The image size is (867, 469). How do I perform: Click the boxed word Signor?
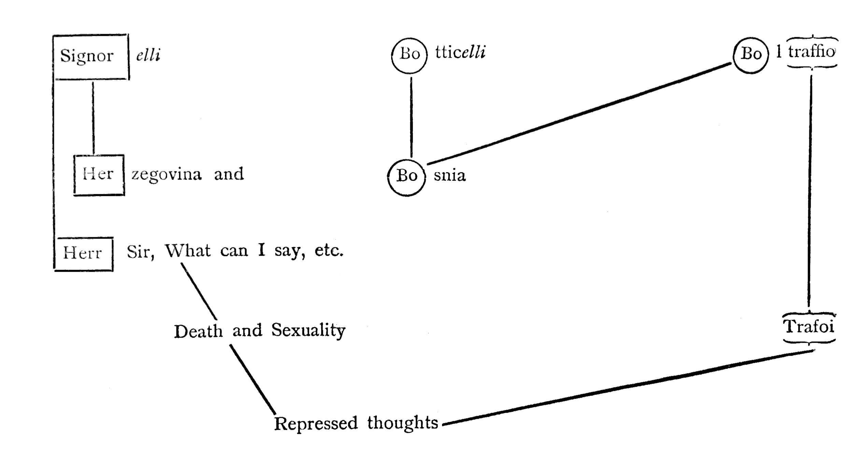(87, 56)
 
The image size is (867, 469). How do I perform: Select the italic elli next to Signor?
(148, 55)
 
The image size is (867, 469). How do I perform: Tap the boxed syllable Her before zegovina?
(98, 174)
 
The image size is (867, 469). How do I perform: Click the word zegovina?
(167, 175)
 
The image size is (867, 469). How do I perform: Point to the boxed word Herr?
(83, 253)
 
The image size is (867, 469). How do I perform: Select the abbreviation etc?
(329, 251)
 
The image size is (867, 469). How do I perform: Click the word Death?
(198, 331)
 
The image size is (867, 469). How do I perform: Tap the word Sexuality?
(308, 330)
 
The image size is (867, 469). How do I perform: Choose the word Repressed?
(316, 424)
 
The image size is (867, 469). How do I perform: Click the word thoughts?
(402, 423)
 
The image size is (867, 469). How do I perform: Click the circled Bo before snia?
(407, 176)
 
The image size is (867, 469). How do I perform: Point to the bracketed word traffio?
(811, 52)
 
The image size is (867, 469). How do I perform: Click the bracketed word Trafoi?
(809, 327)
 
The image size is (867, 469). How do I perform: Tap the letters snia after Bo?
(450, 176)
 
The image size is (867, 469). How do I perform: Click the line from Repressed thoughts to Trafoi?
(628, 388)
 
